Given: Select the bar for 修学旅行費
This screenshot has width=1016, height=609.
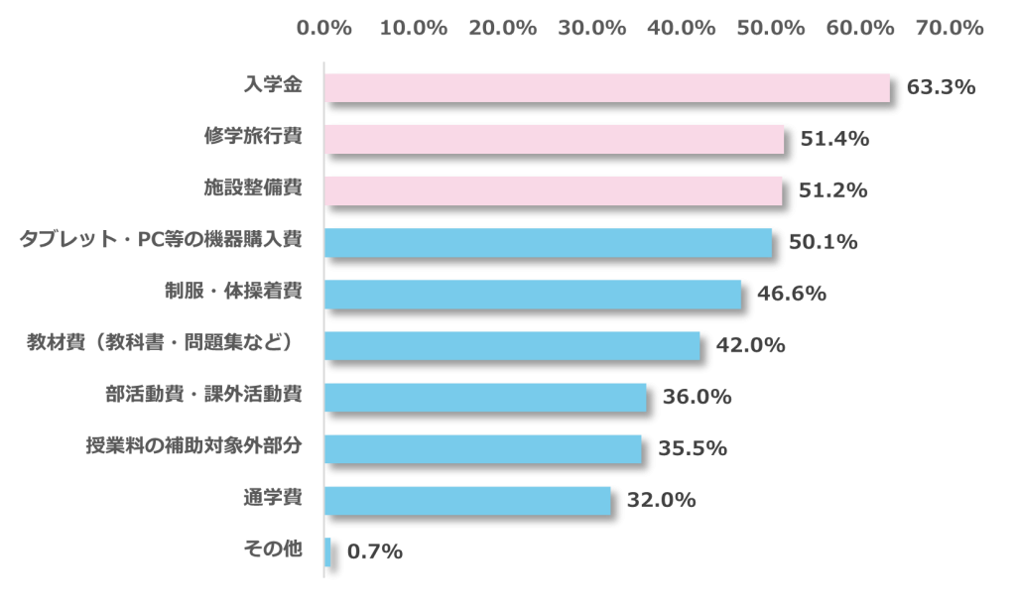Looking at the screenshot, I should tap(554, 139).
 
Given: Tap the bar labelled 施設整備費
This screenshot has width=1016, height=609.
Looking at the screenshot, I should tap(553, 190).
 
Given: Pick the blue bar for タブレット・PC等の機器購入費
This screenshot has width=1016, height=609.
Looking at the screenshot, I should tap(548, 242).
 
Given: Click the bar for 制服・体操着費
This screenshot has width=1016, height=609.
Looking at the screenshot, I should tap(533, 294).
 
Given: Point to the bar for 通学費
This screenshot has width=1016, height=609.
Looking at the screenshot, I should tap(467, 500).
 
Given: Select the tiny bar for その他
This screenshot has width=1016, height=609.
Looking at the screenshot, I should tap(327, 551).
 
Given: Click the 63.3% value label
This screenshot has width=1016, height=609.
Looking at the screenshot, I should tap(941, 87).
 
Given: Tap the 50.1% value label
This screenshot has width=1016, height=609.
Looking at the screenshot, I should tap(823, 242).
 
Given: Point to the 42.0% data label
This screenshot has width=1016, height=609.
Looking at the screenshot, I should tap(750, 345).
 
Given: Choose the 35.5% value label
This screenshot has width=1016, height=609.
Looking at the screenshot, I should tap(693, 448).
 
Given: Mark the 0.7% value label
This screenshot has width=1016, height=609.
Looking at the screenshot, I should tap(375, 551).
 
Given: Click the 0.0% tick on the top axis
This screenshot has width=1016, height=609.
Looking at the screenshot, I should tap(324, 29).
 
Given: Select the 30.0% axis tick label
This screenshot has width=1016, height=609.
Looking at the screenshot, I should tap(592, 29).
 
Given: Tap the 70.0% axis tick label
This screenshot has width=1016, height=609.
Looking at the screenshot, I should tap(951, 29).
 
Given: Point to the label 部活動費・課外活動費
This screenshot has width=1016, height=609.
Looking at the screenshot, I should tap(203, 396).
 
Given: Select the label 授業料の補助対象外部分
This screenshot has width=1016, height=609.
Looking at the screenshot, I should tap(193, 447).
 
